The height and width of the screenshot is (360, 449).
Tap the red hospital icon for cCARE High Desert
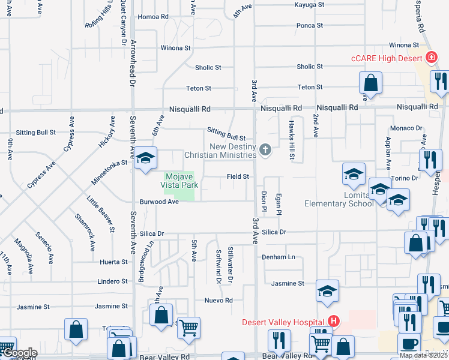pyautogui.click(x=430, y=58)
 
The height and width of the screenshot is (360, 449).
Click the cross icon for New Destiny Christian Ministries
pyautogui.click(x=265, y=149)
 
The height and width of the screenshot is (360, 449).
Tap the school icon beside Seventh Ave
pyautogui.click(x=145, y=159)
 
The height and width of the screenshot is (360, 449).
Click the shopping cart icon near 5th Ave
pyautogui.click(x=188, y=328)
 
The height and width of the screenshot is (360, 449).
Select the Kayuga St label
pyautogui.click(x=309, y=4)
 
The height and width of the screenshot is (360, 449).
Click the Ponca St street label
pyautogui.click(x=310, y=26)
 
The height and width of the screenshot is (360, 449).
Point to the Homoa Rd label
pyautogui.click(x=152, y=17)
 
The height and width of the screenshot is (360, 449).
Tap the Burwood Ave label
pyautogui.click(x=159, y=202)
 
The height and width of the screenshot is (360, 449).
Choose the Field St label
pyautogui.click(x=237, y=176)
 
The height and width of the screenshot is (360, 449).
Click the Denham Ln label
pyautogui.click(x=279, y=257)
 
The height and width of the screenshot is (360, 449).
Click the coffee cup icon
pyautogui.click(x=410, y=344)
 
